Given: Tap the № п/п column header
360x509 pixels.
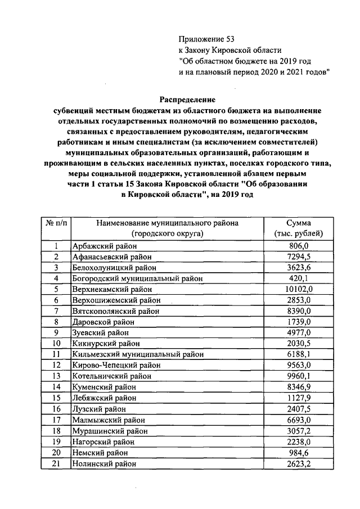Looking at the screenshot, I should pos(56,223).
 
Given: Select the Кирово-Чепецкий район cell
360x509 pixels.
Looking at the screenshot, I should pos(112,364).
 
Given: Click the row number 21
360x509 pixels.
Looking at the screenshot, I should pos(56,463).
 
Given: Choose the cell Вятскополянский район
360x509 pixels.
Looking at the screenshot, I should pos(116,310).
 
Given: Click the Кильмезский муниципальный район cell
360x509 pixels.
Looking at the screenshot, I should pos(138,354).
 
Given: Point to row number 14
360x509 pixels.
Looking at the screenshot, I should pos(56,386).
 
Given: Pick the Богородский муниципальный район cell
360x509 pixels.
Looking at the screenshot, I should pos(137,278).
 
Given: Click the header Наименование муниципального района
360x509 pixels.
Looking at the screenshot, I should pos(167,223).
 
